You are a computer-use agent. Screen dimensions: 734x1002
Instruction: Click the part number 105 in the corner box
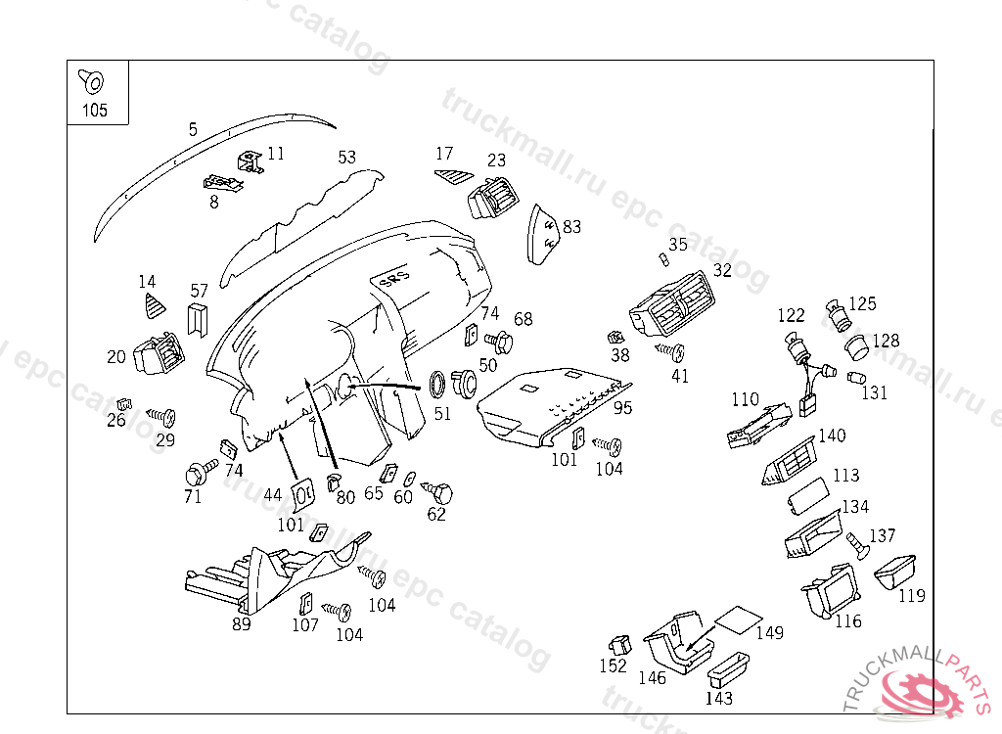94,111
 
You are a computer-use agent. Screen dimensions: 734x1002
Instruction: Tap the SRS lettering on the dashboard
389,280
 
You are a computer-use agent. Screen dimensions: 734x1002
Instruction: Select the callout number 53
346,157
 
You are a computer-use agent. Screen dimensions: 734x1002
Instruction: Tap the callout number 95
622,407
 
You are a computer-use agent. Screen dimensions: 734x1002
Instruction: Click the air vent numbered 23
494,199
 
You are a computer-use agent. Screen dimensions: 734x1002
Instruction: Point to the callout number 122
791,315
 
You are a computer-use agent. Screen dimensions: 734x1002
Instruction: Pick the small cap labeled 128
857,345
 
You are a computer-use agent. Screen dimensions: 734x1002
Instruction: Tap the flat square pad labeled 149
737,619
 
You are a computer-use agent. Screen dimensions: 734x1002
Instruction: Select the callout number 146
652,677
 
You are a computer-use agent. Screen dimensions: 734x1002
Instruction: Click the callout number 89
241,623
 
